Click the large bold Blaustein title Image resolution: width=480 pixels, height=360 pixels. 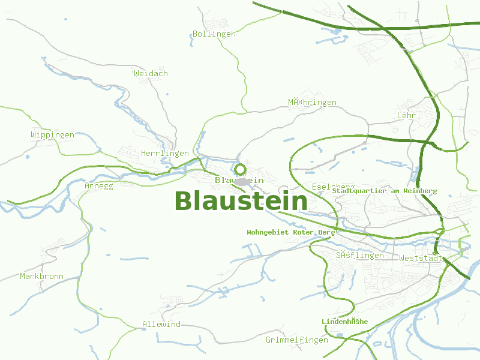241,201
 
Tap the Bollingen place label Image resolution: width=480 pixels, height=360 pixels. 214,34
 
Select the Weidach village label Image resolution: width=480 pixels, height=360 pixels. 151,74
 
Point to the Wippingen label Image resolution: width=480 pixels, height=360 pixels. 53,135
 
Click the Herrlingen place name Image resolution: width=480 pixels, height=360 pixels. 164,154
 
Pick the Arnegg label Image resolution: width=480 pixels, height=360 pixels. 98,186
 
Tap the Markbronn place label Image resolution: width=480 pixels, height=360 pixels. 41,277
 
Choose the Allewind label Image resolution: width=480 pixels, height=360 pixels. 161,325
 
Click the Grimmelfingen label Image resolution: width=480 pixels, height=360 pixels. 297,340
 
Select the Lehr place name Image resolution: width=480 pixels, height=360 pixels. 406,115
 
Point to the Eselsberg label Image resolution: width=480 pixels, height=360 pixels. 333,187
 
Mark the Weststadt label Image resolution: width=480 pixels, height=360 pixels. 421,259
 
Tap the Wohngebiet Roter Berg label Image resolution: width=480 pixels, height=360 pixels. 291,232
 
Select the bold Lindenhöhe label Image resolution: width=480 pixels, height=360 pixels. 344,322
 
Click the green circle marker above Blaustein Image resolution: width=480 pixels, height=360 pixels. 240,169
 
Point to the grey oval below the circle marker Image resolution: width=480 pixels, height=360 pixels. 241,181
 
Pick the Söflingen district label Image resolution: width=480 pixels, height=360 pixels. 359,256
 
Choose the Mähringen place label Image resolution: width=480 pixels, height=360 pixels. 312,103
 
